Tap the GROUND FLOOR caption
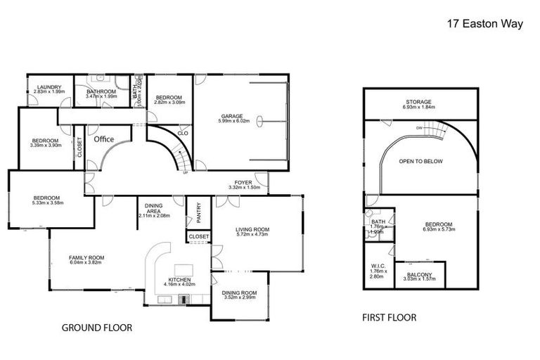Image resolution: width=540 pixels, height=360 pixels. click(x=97, y=328)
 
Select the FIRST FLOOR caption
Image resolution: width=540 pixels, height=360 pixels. click(x=389, y=318)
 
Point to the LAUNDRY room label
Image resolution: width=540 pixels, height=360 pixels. click(x=49, y=87)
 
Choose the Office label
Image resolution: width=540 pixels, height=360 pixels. click(x=104, y=139)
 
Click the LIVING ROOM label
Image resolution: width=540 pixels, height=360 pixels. click(x=252, y=230)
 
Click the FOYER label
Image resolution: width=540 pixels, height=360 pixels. click(x=244, y=182)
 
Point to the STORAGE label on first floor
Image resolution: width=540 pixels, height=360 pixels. click(x=418, y=102)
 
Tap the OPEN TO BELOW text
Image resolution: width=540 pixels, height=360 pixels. click(x=420, y=161)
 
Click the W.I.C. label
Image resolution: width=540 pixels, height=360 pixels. click(x=375, y=266)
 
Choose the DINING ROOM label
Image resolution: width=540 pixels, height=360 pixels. click(x=239, y=292)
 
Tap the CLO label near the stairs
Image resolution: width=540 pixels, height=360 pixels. click(x=182, y=133)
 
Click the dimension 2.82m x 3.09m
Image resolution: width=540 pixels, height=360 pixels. click(x=169, y=103)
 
